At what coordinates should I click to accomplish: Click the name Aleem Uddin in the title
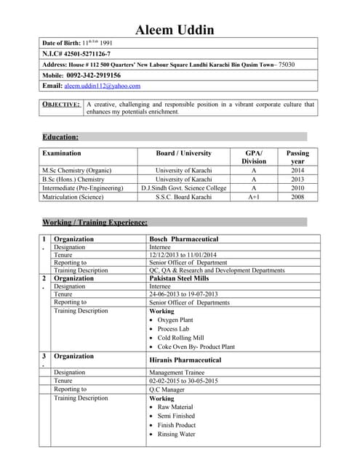pyautogui.click(x=180, y=30)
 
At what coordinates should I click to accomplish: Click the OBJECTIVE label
pyautogui.click(x=61, y=105)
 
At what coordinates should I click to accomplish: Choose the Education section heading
pyautogui.click(x=60, y=137)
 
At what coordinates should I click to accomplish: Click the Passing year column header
pyautogui.click(x=297, y=158)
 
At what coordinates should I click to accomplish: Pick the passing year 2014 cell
pyautogui.click(x=297, y=170)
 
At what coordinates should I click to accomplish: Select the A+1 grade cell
pyautogui.click(x=254, y=197)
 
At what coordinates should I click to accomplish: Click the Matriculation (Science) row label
pyautogui.click(x=78, y=197)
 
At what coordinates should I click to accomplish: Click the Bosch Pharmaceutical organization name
pyautogui.click(x=183, y=239)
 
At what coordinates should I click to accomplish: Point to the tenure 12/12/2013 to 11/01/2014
pyautogui.click(x=183, y=255)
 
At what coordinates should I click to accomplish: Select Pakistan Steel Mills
pyautogui.click(x=178, y=278)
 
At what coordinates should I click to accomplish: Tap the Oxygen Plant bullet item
pyautogui.click(x=175, y=320)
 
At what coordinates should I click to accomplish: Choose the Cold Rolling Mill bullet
pyautogui.click(x=180, y=338)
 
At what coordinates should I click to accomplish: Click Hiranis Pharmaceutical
pyautogui.click(x=185, y=360)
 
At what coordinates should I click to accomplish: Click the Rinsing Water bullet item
pyautogui.click(x=176, y=434)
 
